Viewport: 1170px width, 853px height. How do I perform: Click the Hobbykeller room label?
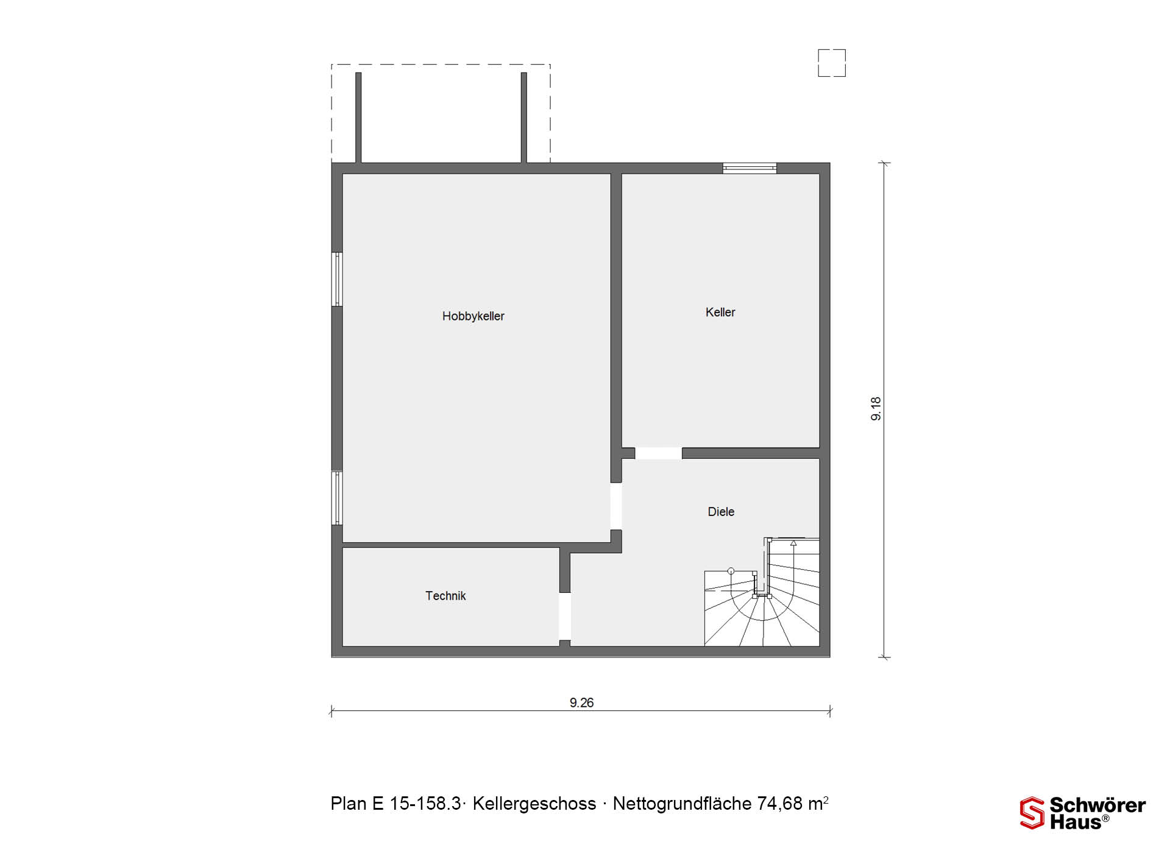pos(473,316)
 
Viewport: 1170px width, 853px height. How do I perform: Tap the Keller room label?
pos(720,313)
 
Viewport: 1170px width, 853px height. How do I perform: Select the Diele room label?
pos(721,512)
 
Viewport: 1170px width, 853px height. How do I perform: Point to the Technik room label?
pos(445,596)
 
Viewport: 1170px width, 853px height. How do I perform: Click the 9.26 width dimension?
pos(581,703)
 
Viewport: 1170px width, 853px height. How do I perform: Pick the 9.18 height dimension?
pos(876,409)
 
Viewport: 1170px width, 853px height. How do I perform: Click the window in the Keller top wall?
pos(750,168)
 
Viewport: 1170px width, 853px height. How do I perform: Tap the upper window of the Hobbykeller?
pos(337,279)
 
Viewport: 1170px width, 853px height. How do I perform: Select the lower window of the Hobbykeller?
pos(337,498)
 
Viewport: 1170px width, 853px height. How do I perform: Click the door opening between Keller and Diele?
pos(658,453)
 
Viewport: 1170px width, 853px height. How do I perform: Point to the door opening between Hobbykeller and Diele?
pos(616,506)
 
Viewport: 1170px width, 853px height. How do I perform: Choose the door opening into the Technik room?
pos(565,616)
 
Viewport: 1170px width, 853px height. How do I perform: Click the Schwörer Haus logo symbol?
pos(1032,813)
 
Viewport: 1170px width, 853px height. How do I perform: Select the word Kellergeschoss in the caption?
pos(534,804)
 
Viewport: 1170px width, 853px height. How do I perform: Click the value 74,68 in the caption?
pos(780,804)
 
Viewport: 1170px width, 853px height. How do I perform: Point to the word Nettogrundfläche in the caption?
pos(682,804)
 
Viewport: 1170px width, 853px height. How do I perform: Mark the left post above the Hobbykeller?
pos(358,118)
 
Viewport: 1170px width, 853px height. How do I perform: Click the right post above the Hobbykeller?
pos(524,118)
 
